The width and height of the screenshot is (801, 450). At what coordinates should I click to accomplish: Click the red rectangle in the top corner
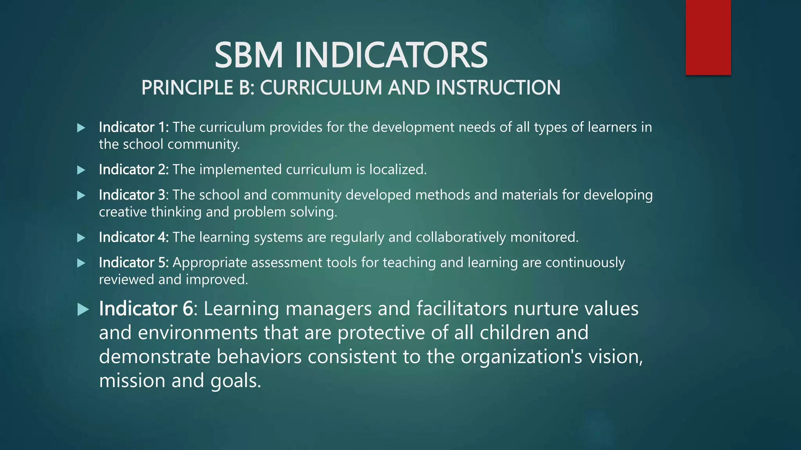(x=708, y=37)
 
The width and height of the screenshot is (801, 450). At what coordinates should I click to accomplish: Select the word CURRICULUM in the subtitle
(x=321, y=87)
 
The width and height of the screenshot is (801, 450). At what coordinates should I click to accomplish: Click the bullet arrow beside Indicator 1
(x=81, y=128)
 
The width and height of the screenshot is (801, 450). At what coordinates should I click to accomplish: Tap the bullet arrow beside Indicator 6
(x=83, y=309)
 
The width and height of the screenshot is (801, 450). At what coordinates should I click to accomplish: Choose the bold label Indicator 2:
(x=134, y=170)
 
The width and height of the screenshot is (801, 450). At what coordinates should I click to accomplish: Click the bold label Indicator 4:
(x=134, y=237)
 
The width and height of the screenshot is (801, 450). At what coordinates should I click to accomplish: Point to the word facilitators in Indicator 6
(x=462, y=309)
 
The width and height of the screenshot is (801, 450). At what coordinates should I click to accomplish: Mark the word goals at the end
(x=235, y=381)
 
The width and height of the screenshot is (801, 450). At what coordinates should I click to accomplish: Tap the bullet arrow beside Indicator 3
(x=81, y=195)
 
